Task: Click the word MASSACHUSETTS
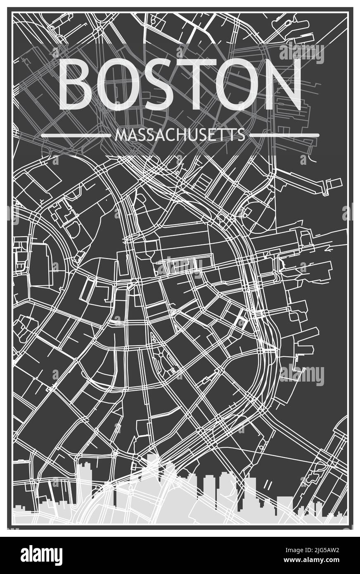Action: [180, 135]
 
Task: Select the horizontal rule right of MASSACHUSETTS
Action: [284, 135]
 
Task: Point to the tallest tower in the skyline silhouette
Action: [152, 475]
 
